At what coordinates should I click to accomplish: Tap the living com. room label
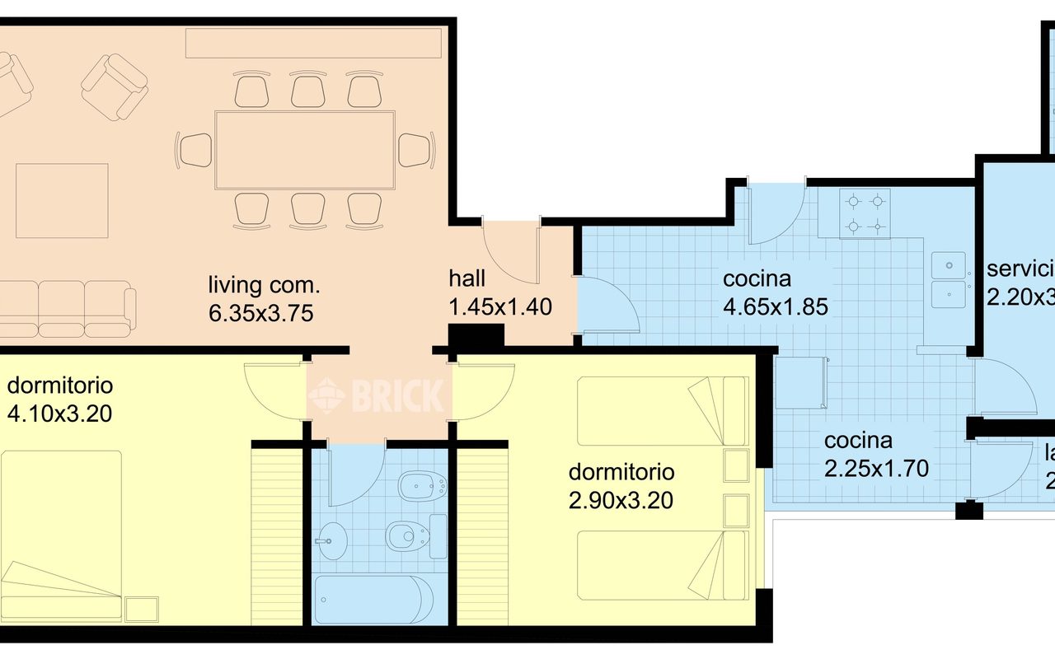coord(263,287)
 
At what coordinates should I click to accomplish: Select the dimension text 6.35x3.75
coord(261,313)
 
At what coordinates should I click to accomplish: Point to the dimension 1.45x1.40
coord(499,306)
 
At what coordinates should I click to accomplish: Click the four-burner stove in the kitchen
coord(865,213)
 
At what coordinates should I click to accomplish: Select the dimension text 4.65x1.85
coord(775,306)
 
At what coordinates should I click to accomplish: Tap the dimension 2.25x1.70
coord(876,468)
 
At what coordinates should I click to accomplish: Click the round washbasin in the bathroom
coord(333,543)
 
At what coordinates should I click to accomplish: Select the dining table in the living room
coord(305,150)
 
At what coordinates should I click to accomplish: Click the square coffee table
coord(63,200)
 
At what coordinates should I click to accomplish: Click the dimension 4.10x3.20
coord(59,414)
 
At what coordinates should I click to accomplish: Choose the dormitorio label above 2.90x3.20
coord(621,472)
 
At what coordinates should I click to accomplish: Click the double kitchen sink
coord(949,278)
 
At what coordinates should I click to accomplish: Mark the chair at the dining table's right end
coord(415,150)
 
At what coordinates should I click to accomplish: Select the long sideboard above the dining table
coord(312,43)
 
